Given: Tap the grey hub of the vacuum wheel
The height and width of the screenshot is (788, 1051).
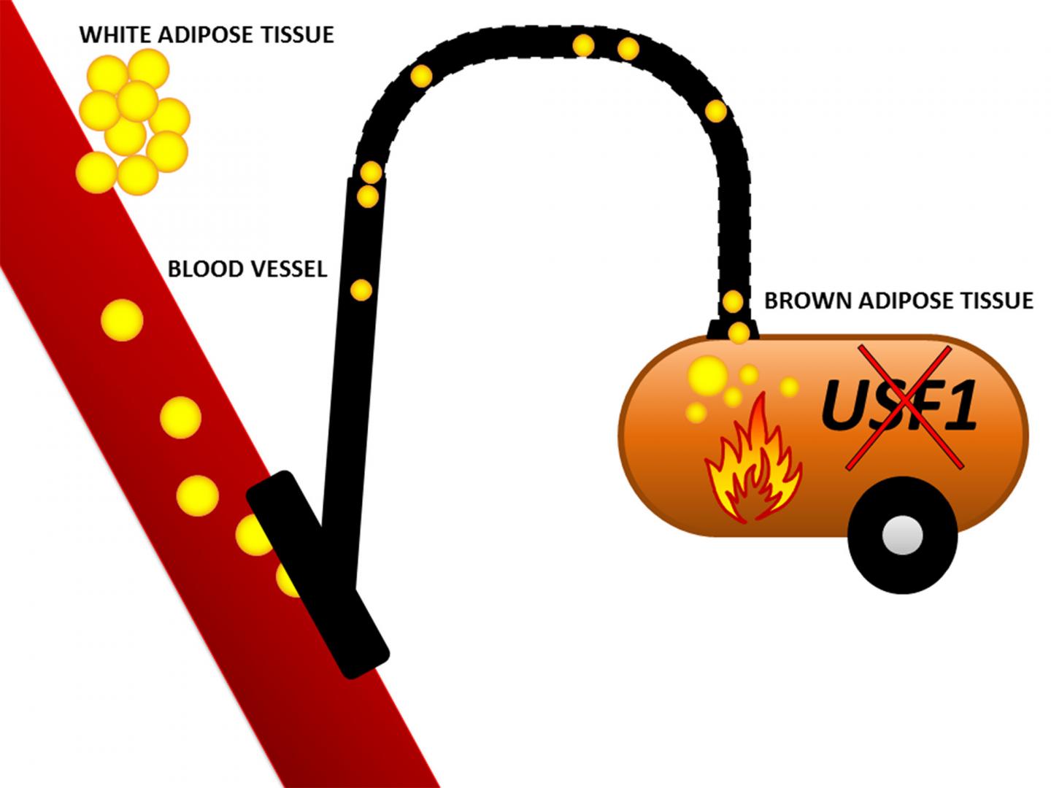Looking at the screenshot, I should tap(902, 536).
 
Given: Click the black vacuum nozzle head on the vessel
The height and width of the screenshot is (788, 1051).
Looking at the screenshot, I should tap(317, 573).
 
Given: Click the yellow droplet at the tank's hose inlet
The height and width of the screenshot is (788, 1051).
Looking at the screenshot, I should tap(739, 333).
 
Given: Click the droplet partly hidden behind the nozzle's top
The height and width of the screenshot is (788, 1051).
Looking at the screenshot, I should tap(253, 534).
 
